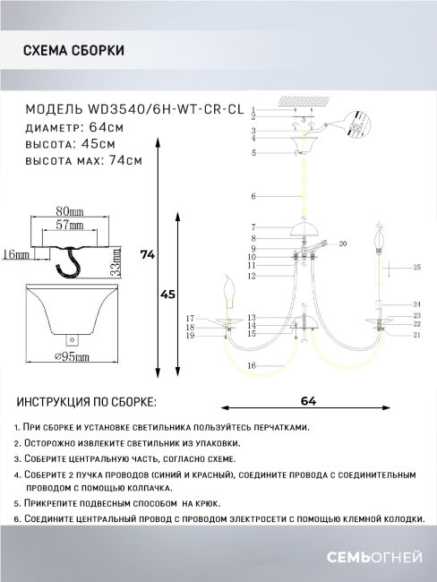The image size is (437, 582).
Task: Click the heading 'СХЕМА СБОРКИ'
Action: click(x=73, y=51)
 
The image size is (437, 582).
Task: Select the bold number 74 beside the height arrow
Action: click(x=148, y=256)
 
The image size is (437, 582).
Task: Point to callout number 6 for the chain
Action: click(x=253, y=195)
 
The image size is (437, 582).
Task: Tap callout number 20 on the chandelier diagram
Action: click(x=342, y=244)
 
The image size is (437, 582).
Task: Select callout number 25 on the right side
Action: click(x=417, y=268)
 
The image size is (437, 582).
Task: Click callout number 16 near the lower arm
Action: click(x=253, y=366)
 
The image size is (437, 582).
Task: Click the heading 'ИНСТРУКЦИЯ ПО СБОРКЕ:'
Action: click(x=87, y=402)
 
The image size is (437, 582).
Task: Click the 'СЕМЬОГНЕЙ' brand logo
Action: click(x=377, y=557)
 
